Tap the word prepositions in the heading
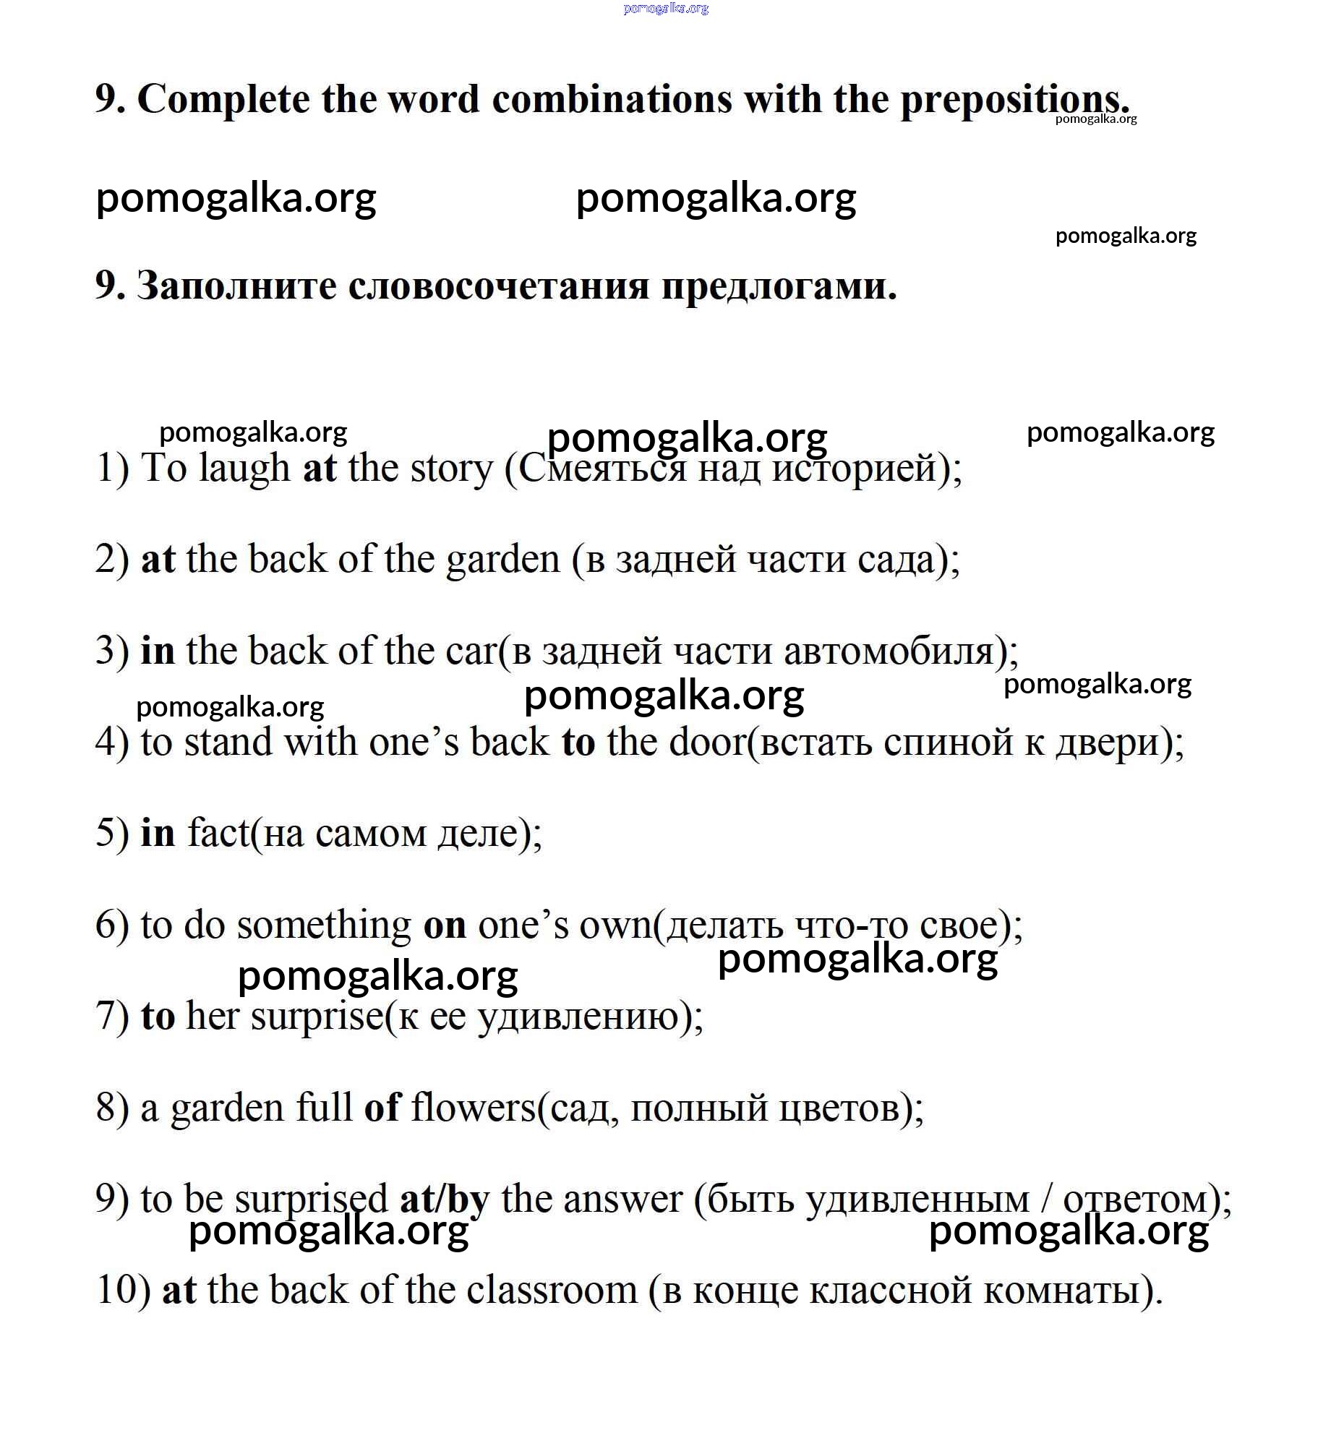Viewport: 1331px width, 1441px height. click(x=1012, y=99)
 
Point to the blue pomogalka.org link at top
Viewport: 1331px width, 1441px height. click(x=665, y=9)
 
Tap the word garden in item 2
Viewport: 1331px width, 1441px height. click(x=502, y=560)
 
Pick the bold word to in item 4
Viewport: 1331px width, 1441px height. click(x=578, y=743)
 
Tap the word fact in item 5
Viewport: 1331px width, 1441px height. click(x=218, y=834)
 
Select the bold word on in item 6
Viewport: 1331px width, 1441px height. click(x=444, y=925)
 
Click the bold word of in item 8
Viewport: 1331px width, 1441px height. click(x=381, y=1108)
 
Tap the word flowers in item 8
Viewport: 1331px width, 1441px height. click(x=473, y=1108)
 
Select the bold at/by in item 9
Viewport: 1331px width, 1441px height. click(x=444, y=1200)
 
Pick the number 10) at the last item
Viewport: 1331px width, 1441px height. click(x=123, y=1291)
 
